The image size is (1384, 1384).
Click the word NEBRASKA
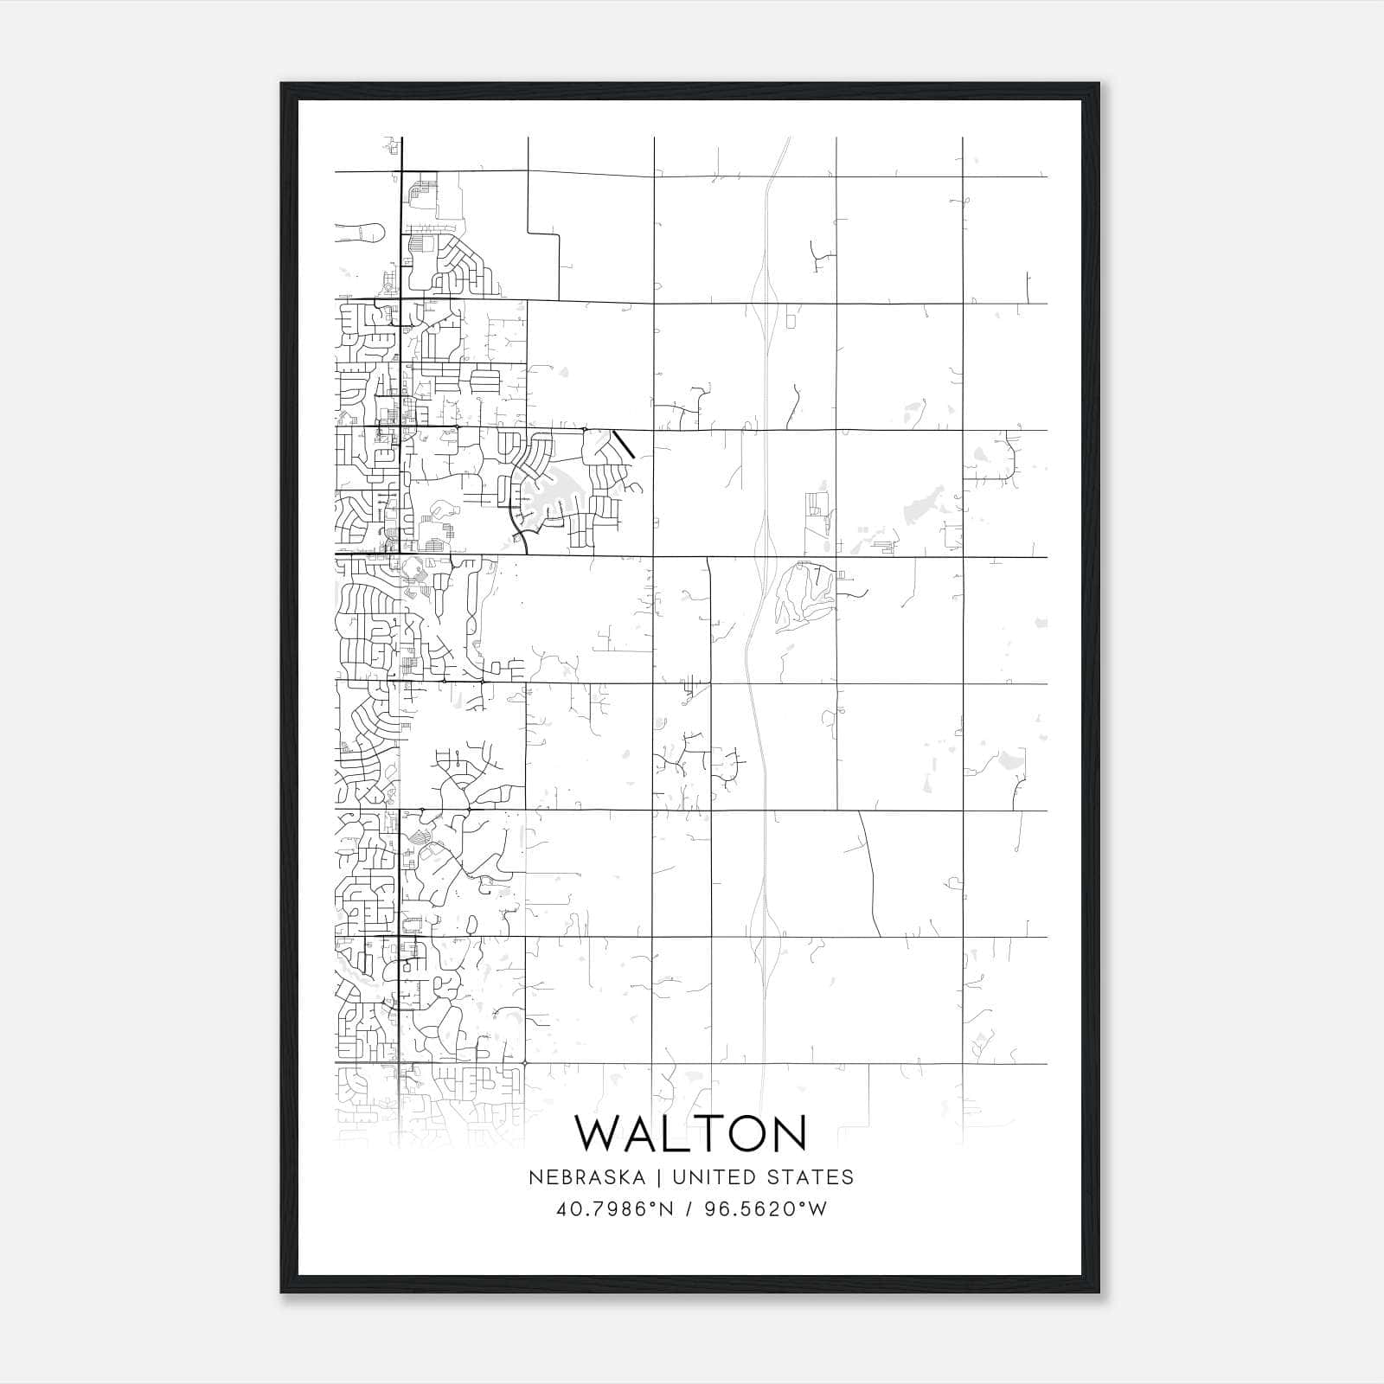pyautogui.click(x=585, y=1177)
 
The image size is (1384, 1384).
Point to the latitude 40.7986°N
pyautogui.click(x=615, y=1208)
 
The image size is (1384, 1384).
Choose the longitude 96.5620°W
pyautogui.click(x=766, y=1208)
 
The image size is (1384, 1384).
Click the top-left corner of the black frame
pyautogui.click(x=283, y=85)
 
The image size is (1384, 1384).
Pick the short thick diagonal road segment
pyautogui.click(x=624, y=444)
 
